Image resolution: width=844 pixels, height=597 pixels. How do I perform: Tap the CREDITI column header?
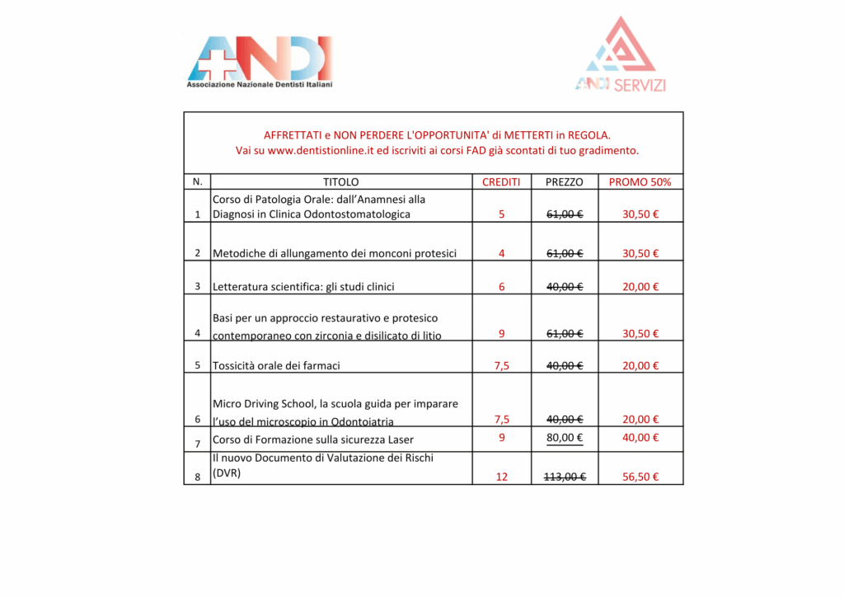(501, 182)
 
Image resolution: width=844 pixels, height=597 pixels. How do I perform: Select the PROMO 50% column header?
(640, 182)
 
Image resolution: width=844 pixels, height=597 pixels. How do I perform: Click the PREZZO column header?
(565, 182)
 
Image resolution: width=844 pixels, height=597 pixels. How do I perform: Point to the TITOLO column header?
(341, 182)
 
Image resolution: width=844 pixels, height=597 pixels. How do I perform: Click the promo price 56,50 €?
(640, 477)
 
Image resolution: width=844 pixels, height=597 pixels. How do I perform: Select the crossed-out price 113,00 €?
(565, 477)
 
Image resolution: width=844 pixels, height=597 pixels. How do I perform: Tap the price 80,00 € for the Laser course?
(565, 438)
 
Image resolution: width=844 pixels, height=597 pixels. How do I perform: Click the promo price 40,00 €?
(640, 438)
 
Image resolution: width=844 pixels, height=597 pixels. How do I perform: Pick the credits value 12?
(502, 477)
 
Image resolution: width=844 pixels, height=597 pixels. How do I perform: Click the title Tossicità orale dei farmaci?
(276, 365)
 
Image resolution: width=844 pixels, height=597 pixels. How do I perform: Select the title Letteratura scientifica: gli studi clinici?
(303, 287)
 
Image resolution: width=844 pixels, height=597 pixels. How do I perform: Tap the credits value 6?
(502, 287)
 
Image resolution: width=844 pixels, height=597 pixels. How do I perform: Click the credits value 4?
(502, 253)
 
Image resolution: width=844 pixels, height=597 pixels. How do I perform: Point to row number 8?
(197, 477)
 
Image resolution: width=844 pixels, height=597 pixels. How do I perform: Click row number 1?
(197, 214)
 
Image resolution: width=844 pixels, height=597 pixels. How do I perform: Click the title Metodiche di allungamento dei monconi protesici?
(335, 253)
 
